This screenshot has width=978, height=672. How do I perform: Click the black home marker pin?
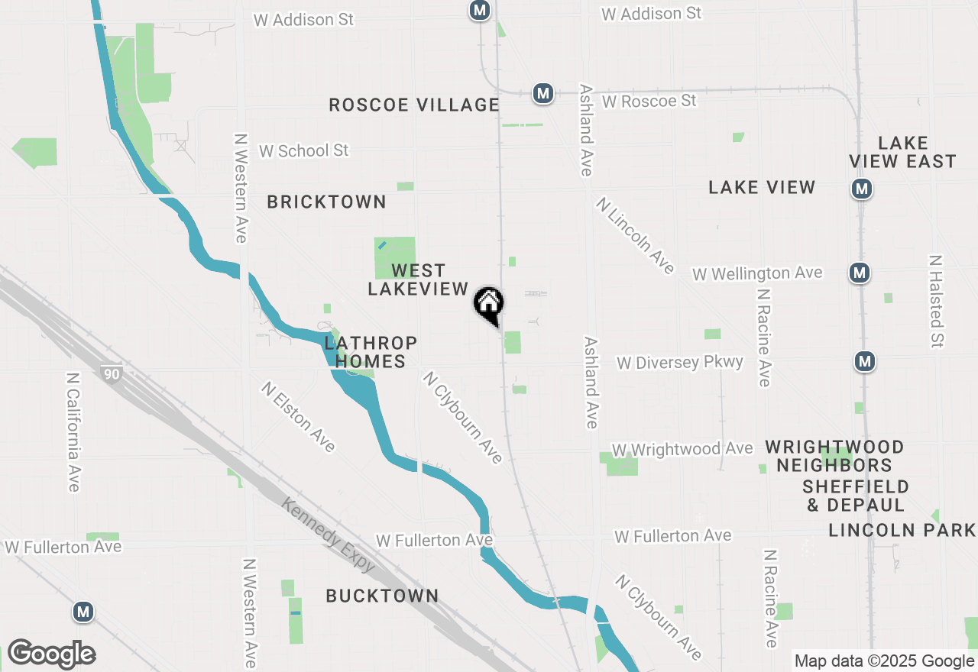pyautogui.click(x=489, y=305)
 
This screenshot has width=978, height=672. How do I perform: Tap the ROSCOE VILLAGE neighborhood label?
pyautogui.click(x=414, y=105)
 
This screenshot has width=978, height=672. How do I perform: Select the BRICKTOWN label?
pyautogui.click(x=326, y=202)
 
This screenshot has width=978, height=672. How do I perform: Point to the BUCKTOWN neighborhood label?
pyautogui.click(x=382, y=596)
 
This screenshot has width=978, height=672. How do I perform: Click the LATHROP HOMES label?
pyautogui.click(x=371, y=352)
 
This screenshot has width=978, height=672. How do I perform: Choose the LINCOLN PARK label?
pyautogui.click(x=902, y=530)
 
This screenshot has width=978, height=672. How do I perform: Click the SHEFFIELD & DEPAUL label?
pyautogui.click(x=856, y=496)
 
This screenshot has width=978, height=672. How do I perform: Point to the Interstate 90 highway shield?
pyautogui.click(x=111, y=373)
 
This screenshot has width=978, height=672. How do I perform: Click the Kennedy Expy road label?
pyautogui.click(x=329, y=535)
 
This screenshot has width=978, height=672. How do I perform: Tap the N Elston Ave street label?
pyautogui.click(x=298, y=416)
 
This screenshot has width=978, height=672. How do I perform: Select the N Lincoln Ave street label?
pyautogui.click(x=636, y=235)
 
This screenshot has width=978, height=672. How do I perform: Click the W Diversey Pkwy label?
pyautogui.click(x=680, y=362)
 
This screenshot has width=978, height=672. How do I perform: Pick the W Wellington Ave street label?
pyautogui.click(x=757, y=273)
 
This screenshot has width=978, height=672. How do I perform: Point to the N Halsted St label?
pyautogui.click(x=936, y=301)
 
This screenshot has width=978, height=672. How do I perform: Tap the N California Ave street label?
pyautogui.click(x=73, y=432)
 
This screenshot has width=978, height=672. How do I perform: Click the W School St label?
pyautogui.click(x=303, y=150)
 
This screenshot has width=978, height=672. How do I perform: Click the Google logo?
pyautogui.click(x=51, y=654)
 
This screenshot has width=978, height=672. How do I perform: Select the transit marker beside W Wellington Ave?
pyautogui.click(x=860, y=272)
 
